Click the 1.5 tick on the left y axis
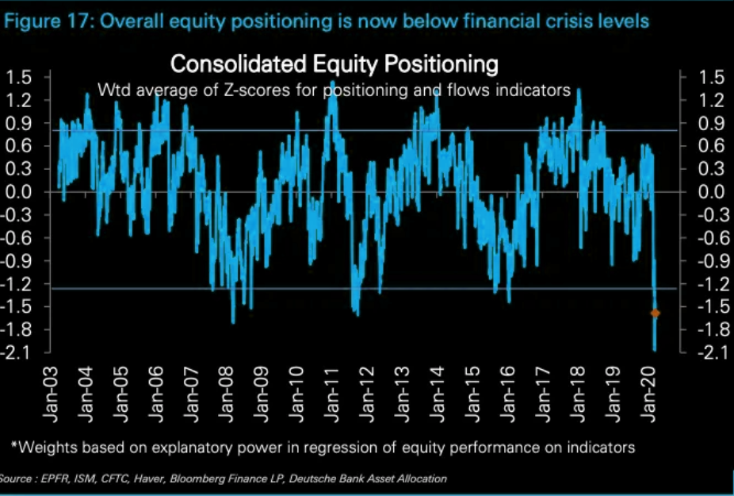[x=17, y=77]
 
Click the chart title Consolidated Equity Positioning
[x=334, y=63]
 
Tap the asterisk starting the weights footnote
[x=13, y=446]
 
